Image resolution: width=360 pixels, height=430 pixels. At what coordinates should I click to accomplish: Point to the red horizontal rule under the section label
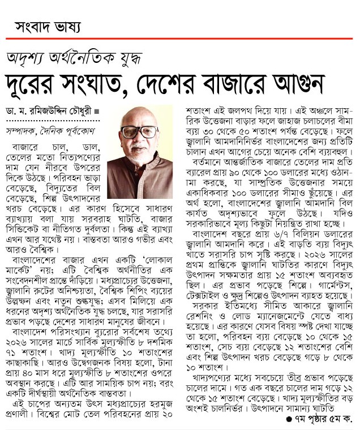coord(180,39)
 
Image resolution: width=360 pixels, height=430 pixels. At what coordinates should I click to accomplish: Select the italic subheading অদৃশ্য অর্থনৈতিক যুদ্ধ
coord(74,57)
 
